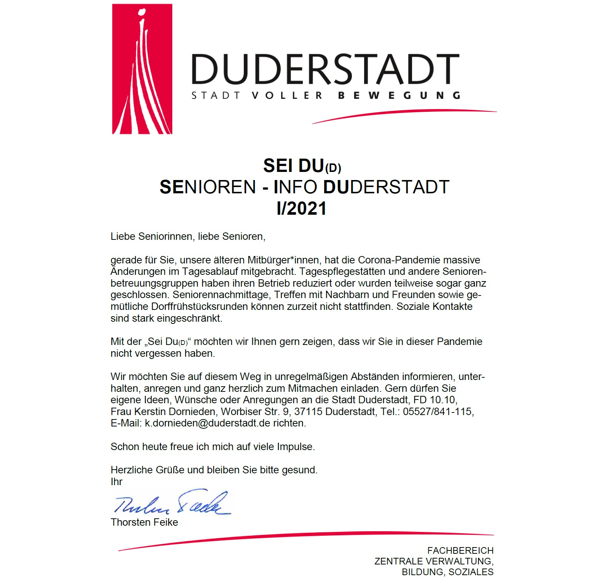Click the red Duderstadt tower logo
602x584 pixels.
[x=142, y=69]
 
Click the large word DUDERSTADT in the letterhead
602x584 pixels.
[x=325, y=69]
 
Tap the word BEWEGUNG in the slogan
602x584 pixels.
[x=399, y=96]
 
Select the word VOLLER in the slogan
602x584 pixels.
[x=287, y=96]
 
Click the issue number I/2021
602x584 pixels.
[x=301, y=209]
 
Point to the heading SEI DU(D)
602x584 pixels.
[x=302, y=166]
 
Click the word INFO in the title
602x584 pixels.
[x=295, y=187]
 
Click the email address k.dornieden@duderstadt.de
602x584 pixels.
[x=208, y=423]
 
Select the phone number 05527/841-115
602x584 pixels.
[x=438, y=412]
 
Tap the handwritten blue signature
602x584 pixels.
[x=172, y=503]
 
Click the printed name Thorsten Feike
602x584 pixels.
[x=144, y=522]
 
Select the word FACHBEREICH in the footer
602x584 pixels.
[x=460, y=551]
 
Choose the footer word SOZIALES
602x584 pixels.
[x=471, y=572]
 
